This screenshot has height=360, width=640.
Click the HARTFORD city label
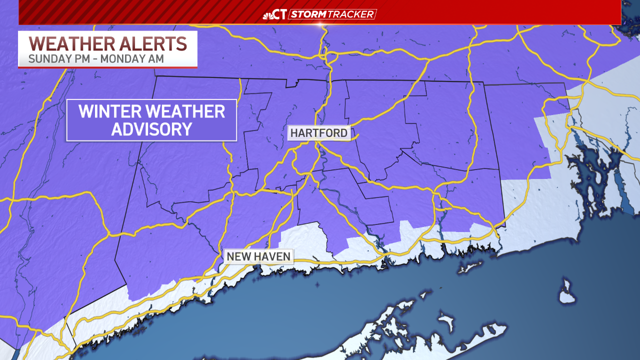pos(318,133)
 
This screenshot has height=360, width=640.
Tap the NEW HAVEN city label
pos(258,256)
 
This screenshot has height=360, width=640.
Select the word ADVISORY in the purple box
pos(151,129)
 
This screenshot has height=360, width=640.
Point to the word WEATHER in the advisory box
pos(190,111)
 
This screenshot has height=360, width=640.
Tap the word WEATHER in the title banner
pos(69,43)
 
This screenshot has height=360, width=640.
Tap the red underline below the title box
pos(108,67)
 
